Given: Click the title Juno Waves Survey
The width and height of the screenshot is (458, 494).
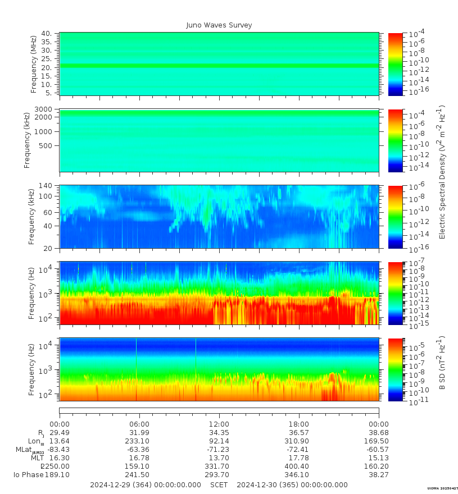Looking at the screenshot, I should click(219, 25).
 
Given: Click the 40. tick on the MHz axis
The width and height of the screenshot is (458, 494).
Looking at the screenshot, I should click(47, 34).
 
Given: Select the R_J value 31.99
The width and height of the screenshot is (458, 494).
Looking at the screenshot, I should click(139, 433).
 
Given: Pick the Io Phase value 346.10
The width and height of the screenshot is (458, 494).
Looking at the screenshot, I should click(298, 474).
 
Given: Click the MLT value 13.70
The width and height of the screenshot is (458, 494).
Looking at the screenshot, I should click(219, 458).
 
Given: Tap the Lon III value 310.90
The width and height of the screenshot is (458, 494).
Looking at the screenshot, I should click(298, 441).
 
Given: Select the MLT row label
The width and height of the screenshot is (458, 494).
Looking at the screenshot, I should click(37, 458).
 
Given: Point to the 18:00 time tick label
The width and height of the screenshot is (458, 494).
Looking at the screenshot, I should click(298, 424).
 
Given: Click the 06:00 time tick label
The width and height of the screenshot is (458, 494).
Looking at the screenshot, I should click(139, 424).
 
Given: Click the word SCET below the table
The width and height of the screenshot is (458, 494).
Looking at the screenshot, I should click(219, 484).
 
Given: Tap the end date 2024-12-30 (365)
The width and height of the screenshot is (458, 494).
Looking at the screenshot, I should click(292, 484).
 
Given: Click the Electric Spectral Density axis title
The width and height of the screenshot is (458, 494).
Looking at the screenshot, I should click(442, 172).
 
